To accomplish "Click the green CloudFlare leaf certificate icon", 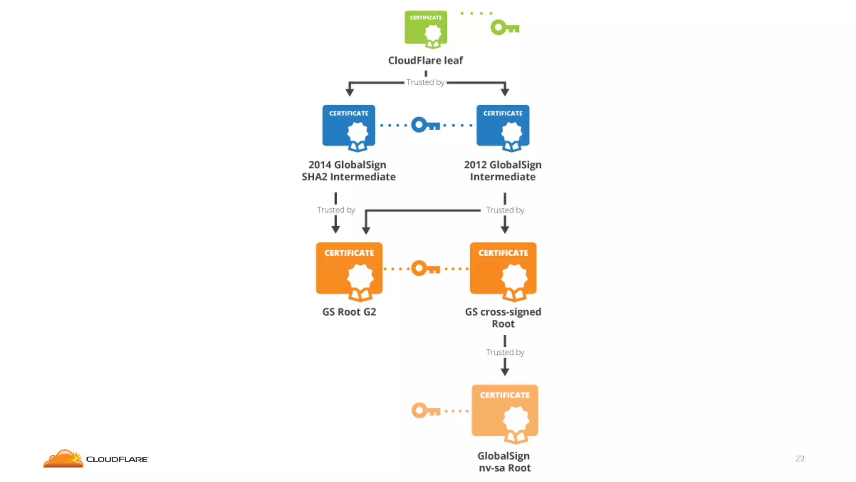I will tap(425, 28).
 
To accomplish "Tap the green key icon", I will tap(504, 28).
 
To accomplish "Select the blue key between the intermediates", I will tap(425, 125).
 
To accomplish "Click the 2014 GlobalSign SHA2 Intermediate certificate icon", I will tap(349, 127).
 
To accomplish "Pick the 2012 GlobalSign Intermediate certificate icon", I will tap(503, 127).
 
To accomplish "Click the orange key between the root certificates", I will tap(425, 268).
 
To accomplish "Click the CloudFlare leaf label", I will tap(425, 61).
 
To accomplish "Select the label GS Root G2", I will tap(349, 312).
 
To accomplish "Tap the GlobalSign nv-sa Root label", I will tap(504, 462).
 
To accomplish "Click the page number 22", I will tap(800, 459).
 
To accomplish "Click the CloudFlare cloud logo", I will tap(64, 459).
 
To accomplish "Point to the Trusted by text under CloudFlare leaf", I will tap(425, 82).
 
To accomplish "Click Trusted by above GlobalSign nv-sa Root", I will tap(505, 352).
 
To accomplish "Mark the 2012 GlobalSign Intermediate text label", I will tap(503, 171).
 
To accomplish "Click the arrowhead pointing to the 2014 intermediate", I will tap(350, 92).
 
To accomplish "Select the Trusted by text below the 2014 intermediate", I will tap(336, 210).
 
